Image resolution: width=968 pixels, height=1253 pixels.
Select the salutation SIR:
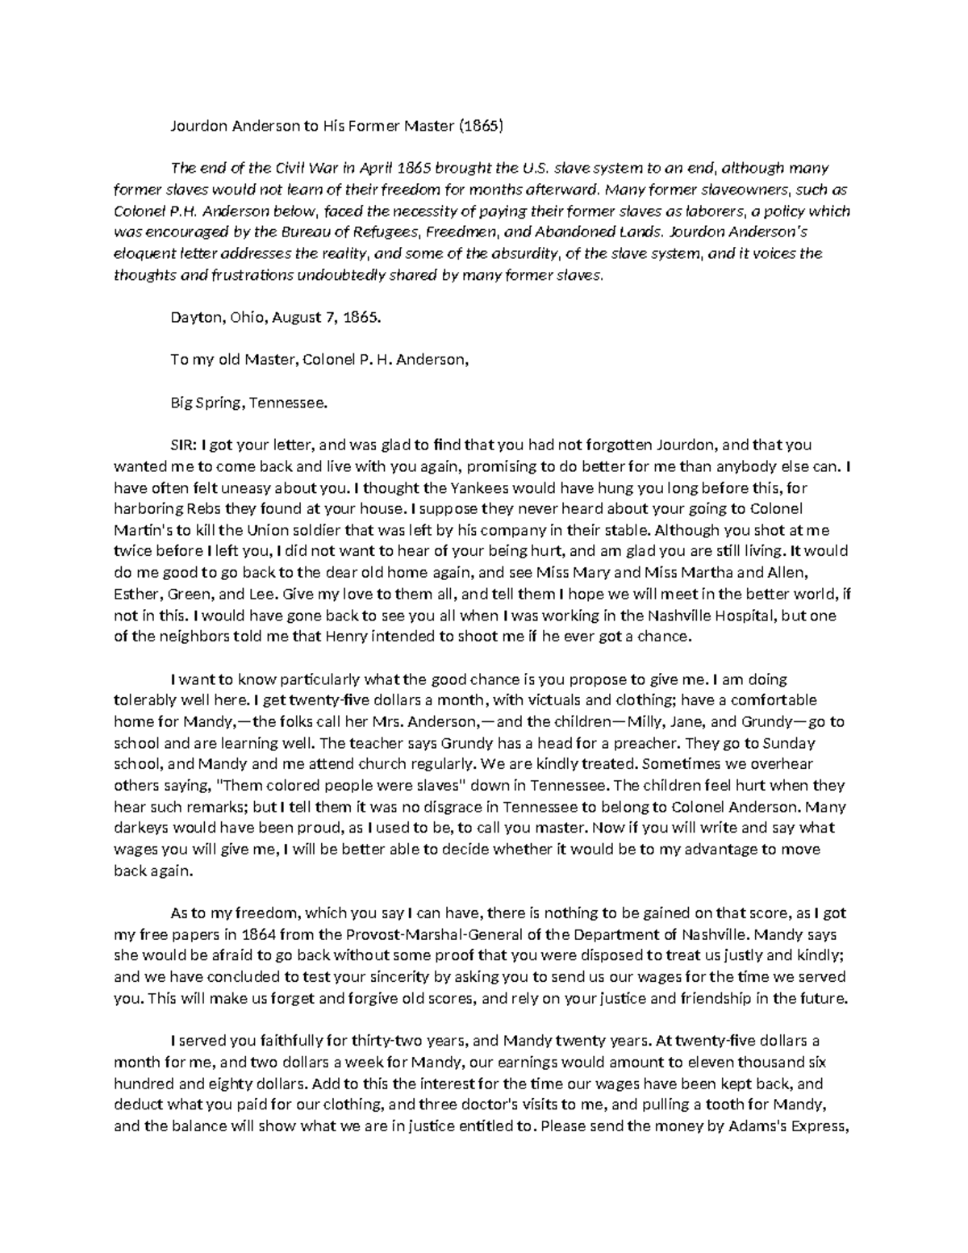(184, 445)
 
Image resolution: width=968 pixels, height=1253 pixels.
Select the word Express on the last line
(820, 1127)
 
